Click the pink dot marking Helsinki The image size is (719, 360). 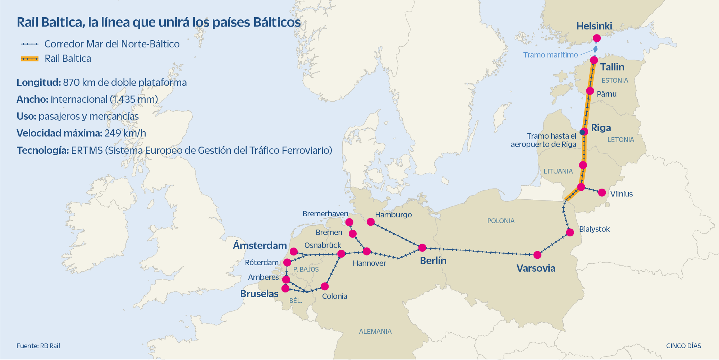coord(597,38)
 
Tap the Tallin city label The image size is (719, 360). coord(612,67)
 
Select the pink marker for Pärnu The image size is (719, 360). coord(590,91)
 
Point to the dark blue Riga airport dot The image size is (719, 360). coord(582,132)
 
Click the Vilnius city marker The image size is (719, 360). coord(602,193)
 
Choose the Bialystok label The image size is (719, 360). coord(594,229)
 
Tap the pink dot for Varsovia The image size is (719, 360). coord(537,255)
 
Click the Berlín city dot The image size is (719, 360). coord(422,248)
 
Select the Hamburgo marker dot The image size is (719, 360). coord(371,222)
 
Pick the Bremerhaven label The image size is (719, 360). coord(325,214)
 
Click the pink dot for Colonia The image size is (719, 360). coord(325,286)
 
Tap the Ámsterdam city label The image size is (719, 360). coord(260,246)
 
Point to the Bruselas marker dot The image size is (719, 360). coord(285,288)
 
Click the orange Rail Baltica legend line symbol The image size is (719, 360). coord(30,59)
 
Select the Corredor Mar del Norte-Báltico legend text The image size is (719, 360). coord(112,44)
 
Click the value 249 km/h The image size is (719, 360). coord(125,133)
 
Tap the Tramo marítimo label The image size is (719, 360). coord(550,55)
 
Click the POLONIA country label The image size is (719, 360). coord(501,221)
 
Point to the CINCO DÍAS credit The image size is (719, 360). coord(683,346)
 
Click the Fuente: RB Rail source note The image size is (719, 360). coord(38,346)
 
